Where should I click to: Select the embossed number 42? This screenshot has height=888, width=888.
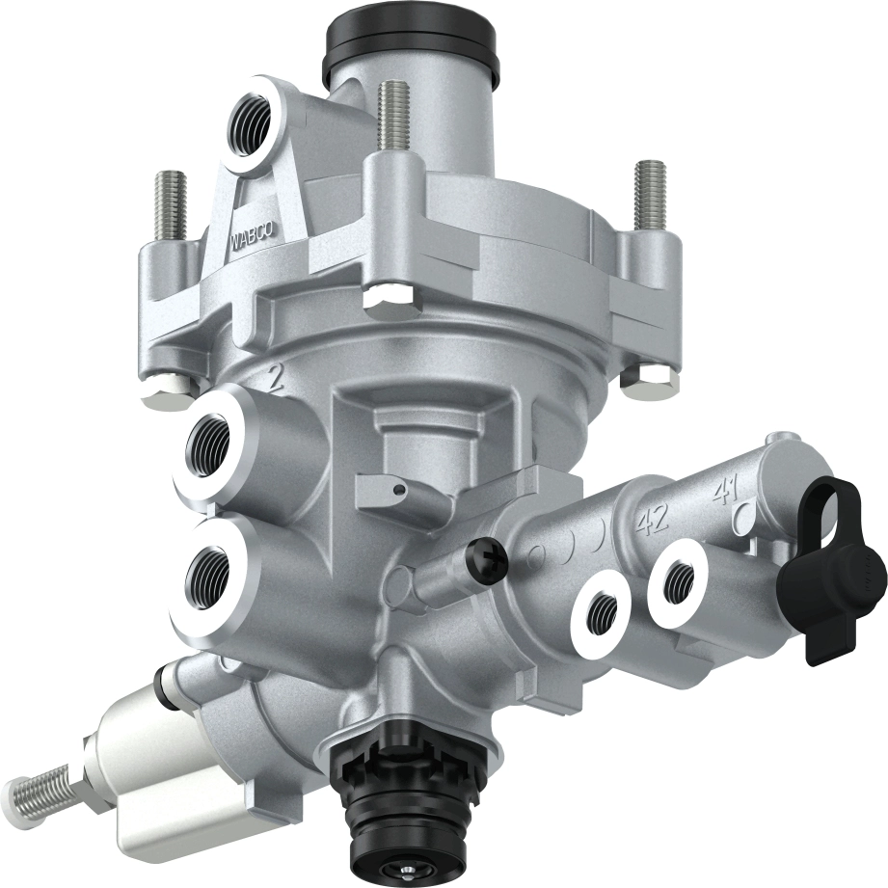click(x=653, y=522)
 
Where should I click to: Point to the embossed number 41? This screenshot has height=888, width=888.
click(x=724, y=495)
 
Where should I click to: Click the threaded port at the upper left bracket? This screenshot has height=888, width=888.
click(x=248, y=122)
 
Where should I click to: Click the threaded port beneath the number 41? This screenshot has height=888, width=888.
click(x=681, y=578)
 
